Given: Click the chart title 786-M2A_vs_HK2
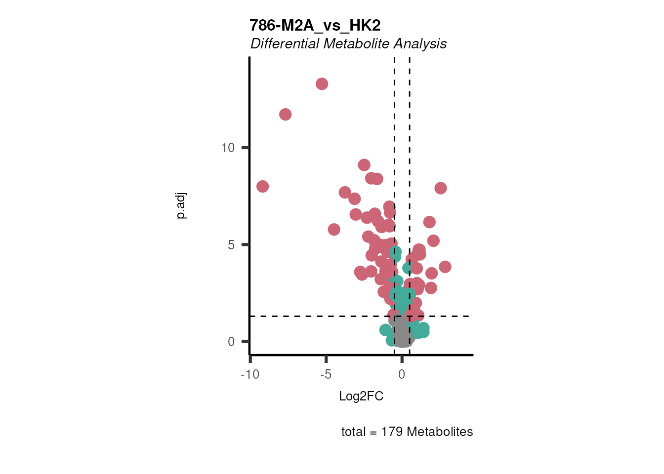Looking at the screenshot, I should point(315,25).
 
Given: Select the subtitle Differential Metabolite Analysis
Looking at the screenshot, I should point(348,44).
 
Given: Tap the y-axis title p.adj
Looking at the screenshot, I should point(181,206).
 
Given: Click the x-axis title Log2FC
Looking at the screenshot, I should point(361,396).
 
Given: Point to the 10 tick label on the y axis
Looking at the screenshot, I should point(228,148).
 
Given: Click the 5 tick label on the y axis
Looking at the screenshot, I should point(231,245).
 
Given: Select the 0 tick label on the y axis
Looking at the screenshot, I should point(231,342).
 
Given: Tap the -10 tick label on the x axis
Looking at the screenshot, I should point(250,375).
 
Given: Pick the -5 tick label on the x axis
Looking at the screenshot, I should point(326,375).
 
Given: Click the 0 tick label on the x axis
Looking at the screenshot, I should point(402,375).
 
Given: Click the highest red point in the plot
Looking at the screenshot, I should point(322,84).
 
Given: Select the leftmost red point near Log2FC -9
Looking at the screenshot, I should point(262,186).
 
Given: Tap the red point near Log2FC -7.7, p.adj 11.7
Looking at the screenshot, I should point(285,115).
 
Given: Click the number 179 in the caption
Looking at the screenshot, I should point(391,432).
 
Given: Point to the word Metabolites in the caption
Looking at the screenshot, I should point(440,432).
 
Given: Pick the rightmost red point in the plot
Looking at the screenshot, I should point(445,267).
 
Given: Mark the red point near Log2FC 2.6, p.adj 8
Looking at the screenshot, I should point(441,188).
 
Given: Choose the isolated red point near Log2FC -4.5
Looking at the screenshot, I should point(334,229).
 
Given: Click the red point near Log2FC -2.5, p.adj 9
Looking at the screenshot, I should point(364,165).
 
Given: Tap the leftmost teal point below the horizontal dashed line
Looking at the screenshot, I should point(385,330).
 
